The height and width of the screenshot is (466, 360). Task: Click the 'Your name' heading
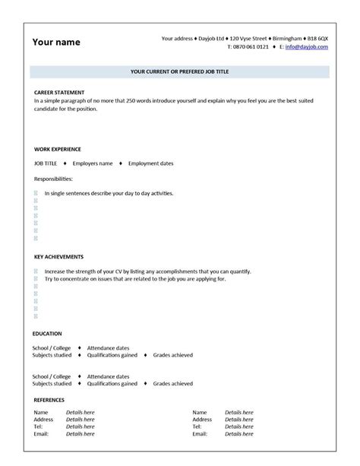pyautogui.click(x=55, y=42)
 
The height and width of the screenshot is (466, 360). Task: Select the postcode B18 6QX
pyautogui.click(x=317, y=37)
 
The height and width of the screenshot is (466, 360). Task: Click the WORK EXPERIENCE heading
pyautogui.click(x=58, y=149)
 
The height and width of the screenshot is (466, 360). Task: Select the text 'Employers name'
pyautogui.click(x=93, y=163)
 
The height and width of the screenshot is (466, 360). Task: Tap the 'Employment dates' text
pyautogui.click(x=151, y=163)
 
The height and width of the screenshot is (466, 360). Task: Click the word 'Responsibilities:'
pyautogui.click(x=53, y=179)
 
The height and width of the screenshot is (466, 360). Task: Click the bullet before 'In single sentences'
pyautogui.click(x=36, y=193)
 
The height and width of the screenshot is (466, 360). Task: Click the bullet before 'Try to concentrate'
pyautogui.click(x=36, y=278)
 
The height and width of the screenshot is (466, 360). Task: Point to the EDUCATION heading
pyautogui.click(x=48, y=334)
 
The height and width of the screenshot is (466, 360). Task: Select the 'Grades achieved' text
pyautogui.click(x=172, y=355)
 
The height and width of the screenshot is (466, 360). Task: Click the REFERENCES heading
pyautogui.click(x=49, y=399)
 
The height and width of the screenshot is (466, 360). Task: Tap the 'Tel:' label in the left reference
pyautogui.click(x=38, y=426)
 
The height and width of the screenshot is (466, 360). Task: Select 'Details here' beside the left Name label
pyautogui.click(x=81, y=412)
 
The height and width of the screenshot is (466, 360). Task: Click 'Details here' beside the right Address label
pyautogui.click(x=239, y=419)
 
